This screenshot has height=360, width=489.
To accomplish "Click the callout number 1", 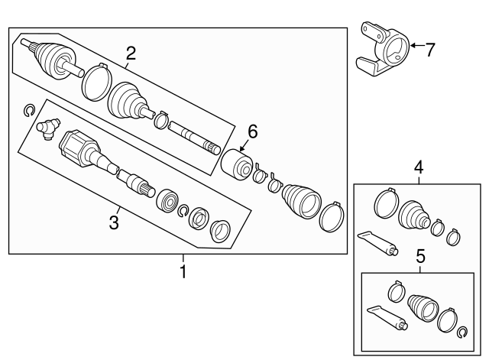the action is tap(183, 271).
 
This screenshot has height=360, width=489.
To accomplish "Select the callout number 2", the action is tap(131, 54).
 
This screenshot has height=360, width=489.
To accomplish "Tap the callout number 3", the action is tap(114, 222).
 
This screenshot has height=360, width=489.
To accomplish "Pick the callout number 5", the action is tap(420, 257).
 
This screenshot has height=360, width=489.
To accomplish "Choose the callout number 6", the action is tap(253, 131).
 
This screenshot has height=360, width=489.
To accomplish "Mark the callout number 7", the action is tap(430, 50).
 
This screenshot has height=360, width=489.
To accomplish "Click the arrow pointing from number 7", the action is tap(417, 46).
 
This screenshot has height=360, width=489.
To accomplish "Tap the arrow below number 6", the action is tap(244, 146).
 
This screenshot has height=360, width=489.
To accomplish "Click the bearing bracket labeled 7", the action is tap(383, 50).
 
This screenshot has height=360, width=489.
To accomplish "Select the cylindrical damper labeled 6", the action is tap(237, 165).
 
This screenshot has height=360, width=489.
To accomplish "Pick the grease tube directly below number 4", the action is tap(378, 243).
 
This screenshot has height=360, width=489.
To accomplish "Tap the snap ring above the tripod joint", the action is tap(29, 110).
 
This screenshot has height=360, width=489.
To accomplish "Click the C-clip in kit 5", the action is tap(461, 332).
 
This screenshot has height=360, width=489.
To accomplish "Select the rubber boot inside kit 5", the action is tap(423, 307).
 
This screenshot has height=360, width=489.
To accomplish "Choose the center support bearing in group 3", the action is tap(167, 200).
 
